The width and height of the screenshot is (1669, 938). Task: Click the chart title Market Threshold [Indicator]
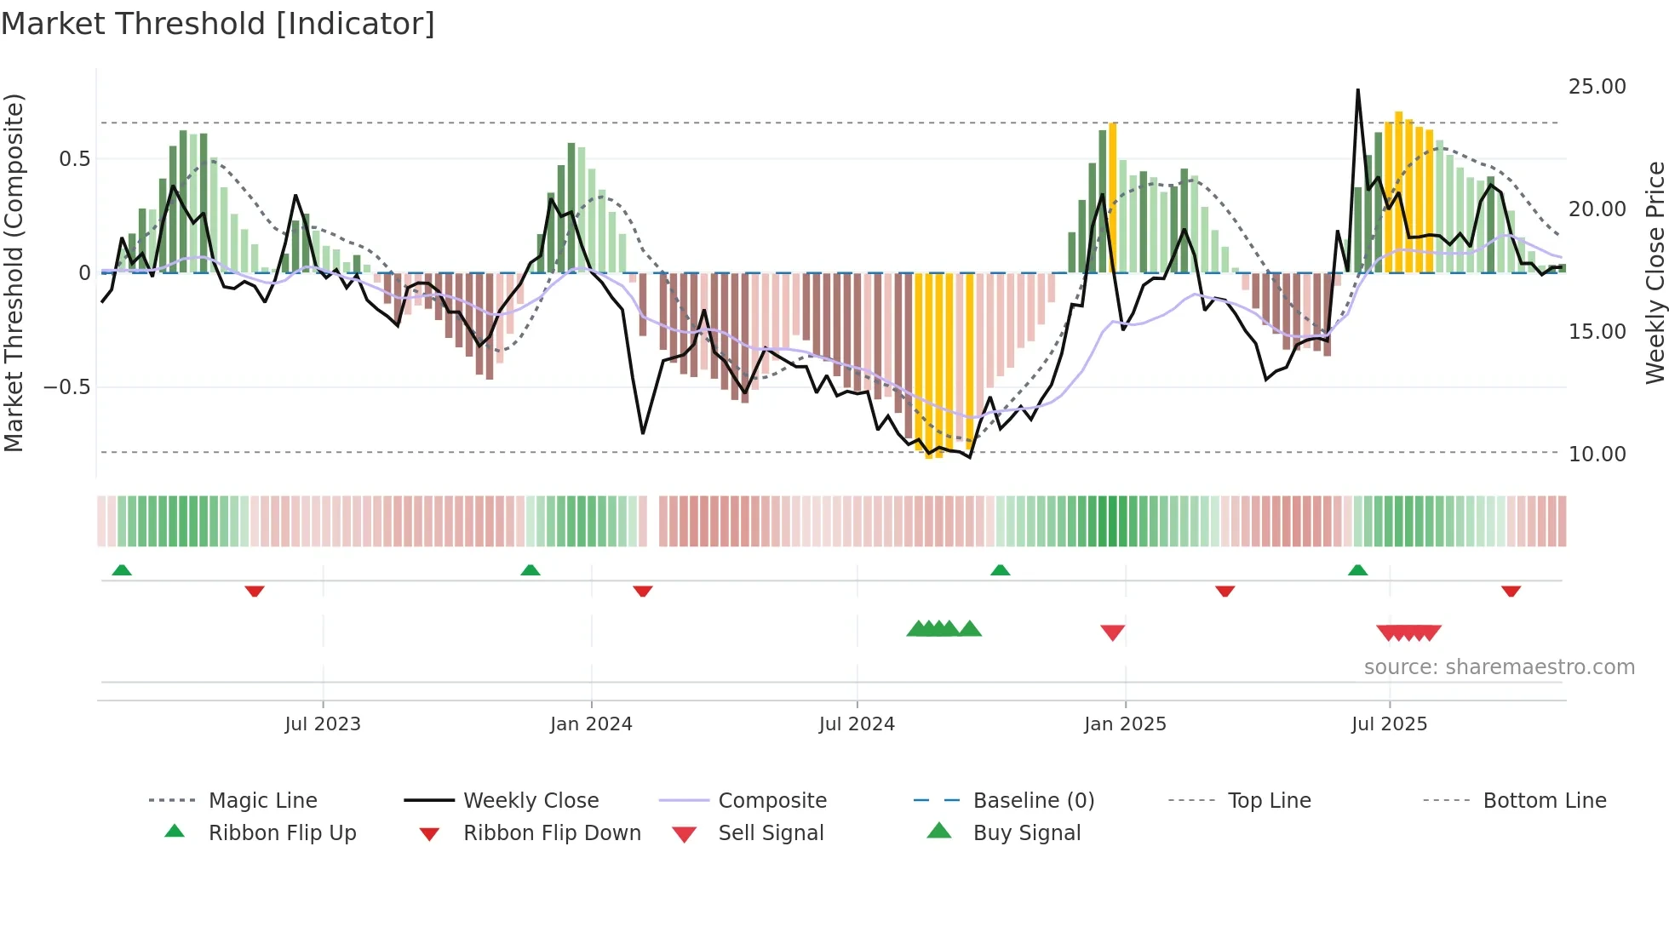[x=218, y=24]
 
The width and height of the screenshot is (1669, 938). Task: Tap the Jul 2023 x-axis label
[x=323, y=724]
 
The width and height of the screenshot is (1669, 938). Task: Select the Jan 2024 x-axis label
[x=591, y=724]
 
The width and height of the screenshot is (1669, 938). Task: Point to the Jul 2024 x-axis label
[x=857, y=724]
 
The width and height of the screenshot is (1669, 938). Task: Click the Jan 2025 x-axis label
[x=1125, y=724]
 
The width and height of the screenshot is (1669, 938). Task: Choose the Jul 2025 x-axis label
[x=1389, y=724]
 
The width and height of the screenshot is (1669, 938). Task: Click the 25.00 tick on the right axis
[x=1597, y=87]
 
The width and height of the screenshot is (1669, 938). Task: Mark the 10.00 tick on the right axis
[x=1597, y=455]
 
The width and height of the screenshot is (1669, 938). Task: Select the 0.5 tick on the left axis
[x=74, y=159]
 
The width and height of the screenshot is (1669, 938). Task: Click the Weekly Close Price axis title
[x=1654, y=272]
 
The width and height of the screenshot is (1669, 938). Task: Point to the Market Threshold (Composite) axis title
[x=14, y=272]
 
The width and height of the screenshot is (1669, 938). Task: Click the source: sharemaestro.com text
[x=1499, y=667]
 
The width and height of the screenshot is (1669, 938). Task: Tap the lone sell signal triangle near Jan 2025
[x=1112, y=632]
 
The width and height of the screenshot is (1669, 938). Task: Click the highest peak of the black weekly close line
[x=1357, y=90]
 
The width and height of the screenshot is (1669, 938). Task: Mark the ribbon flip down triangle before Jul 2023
[x=254, y=591]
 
